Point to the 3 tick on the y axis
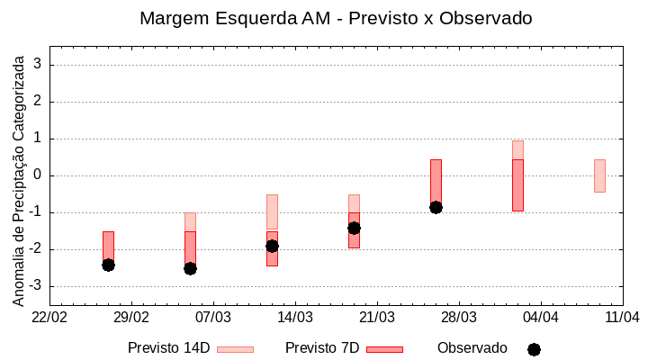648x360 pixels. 39,65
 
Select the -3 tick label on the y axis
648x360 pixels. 36,286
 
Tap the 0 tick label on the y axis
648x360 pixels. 39,175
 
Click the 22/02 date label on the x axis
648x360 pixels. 49,317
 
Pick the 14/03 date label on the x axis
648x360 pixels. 295,317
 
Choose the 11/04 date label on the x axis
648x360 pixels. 622,317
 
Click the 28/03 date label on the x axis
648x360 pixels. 458,317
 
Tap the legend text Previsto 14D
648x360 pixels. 168,348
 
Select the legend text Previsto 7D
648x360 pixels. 322,348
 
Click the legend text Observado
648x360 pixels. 472,348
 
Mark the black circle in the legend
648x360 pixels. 534,349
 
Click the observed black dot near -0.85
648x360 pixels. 436,207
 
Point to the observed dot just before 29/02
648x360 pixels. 108,265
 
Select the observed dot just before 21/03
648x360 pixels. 354,228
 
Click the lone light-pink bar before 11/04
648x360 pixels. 599,175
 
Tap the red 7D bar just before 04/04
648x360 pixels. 517,184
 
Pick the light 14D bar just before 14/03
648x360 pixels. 272,211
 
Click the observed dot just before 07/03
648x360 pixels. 190,268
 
